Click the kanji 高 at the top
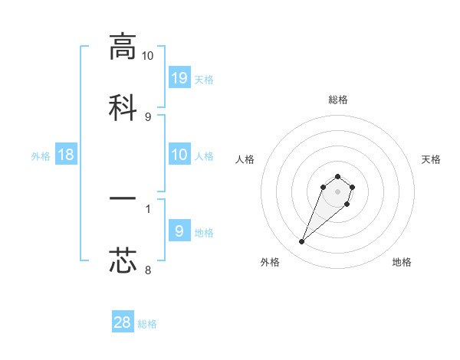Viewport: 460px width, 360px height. [123, 47]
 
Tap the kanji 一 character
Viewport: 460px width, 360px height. [123, 200]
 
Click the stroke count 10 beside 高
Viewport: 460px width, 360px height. [147, 56]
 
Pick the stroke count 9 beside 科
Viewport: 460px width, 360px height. [148, 117]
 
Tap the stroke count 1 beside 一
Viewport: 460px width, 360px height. [148, 208]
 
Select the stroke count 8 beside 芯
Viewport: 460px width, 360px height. [148, 270]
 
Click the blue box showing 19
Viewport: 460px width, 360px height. [179, 77]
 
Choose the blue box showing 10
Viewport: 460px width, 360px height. [179, 155]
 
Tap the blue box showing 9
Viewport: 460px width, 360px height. [179, 231]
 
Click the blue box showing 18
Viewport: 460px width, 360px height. [66, 155]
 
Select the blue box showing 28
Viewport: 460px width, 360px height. [123, 322]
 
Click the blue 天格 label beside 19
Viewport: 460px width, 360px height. [204, 80]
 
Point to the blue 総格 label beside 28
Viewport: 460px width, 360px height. [147, 325]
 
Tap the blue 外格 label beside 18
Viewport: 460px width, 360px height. [41, 156]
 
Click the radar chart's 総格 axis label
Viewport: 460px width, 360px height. [337, 100]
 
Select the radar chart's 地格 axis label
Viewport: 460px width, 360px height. [402, 262]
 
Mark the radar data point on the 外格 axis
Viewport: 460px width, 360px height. [302, 242]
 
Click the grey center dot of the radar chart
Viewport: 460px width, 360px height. [337, 191]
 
